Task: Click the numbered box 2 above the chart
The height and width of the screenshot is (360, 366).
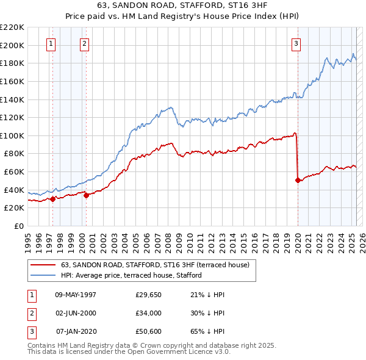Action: click(x=84, y=43)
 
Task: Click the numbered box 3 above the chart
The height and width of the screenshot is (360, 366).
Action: click(x=296, y=43)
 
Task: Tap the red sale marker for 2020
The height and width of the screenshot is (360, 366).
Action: click(x=298, y=180)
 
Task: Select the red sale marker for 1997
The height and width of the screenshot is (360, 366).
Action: click(x=52, y=198)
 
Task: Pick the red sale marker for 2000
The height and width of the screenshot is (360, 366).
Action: click(x=86, y=195)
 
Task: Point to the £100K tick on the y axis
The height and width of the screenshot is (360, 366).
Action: click(x=12, y=135)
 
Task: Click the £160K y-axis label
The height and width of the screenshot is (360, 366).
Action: click(x=12, y=81)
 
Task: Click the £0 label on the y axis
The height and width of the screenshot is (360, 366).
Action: click(x=19, y=226)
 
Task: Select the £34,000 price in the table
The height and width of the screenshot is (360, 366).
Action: click(x=149, y=313)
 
